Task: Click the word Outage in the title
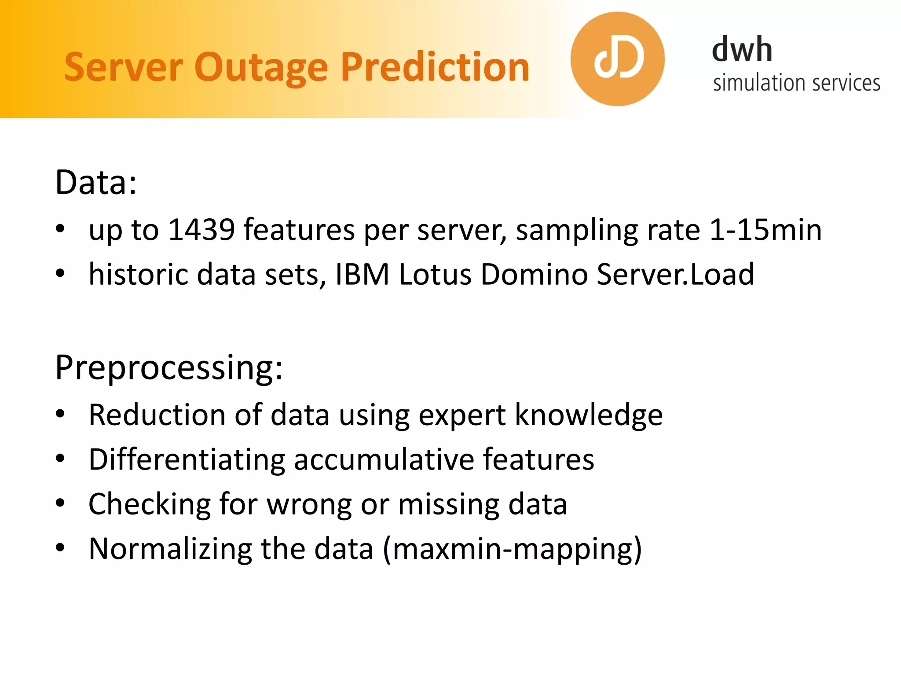coord(261,67)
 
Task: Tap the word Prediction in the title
coord(435,67)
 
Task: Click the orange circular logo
coord(617,59)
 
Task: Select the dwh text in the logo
coord(742,49)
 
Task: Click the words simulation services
coord(796,83)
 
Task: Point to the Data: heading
coord(96,182)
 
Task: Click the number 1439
coord(201,230)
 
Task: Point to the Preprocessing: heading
coord(169,368)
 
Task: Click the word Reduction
coord(157,415)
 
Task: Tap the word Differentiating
coord(187,459)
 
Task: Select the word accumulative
coord(383,459)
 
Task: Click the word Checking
coord(150,504)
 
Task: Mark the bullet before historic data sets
coord(60,274)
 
